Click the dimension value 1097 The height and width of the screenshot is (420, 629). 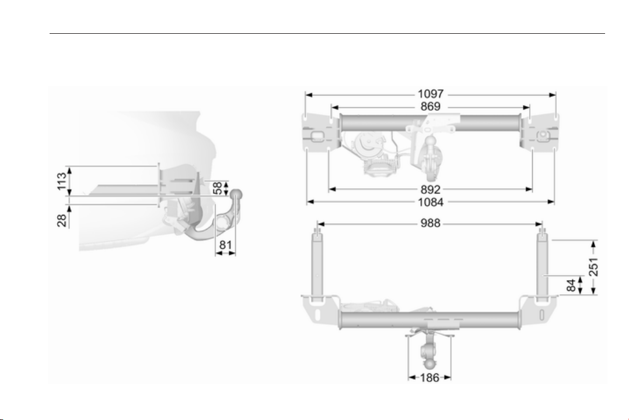coord(431,94)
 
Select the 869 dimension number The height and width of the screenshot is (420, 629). coord(431,107)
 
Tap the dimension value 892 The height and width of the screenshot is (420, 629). coord(431,189)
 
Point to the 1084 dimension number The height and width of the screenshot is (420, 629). coord(431,202)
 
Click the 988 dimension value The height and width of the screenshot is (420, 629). coord(431,223)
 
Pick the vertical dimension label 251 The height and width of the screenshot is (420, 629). coord(593,267)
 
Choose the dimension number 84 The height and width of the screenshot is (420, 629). coord(571,285)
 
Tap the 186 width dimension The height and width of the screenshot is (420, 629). coord(429,377)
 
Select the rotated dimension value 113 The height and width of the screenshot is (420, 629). coord(61,181)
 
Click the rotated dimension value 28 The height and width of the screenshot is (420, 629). coord(61,220)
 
